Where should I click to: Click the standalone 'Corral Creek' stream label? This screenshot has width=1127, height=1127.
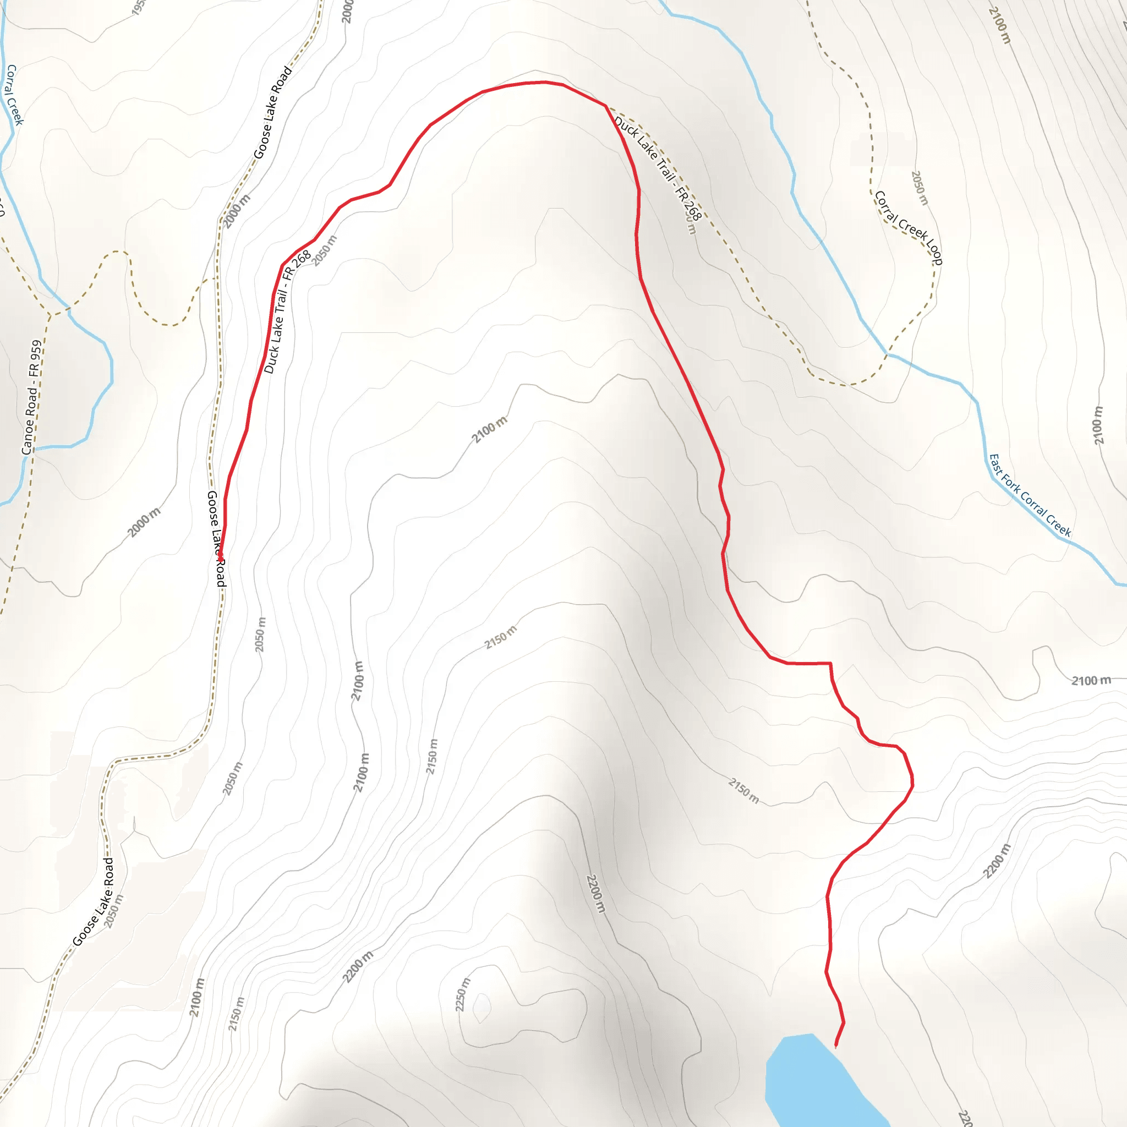pos(14,95)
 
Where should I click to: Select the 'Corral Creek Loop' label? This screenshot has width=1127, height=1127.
pos(908,227)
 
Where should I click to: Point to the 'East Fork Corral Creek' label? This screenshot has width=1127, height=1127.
pos(1030,495)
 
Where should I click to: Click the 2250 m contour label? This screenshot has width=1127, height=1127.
pos(462,994)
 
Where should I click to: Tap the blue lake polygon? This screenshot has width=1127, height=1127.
pos(814,1079)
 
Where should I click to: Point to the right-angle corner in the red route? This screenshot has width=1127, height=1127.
pos(830,663)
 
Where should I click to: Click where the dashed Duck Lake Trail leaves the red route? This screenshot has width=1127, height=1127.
pos(606,106)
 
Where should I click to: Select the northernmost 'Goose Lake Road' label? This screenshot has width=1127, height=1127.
pos(272,113)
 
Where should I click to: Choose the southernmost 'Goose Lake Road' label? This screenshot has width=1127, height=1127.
pos(94,902)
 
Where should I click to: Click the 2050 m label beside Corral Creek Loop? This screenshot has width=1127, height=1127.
pos(920,188)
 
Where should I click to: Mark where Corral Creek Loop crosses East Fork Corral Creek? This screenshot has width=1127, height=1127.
pos(888,354)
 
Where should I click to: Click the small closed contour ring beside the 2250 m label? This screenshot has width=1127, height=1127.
pos(482,1008)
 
